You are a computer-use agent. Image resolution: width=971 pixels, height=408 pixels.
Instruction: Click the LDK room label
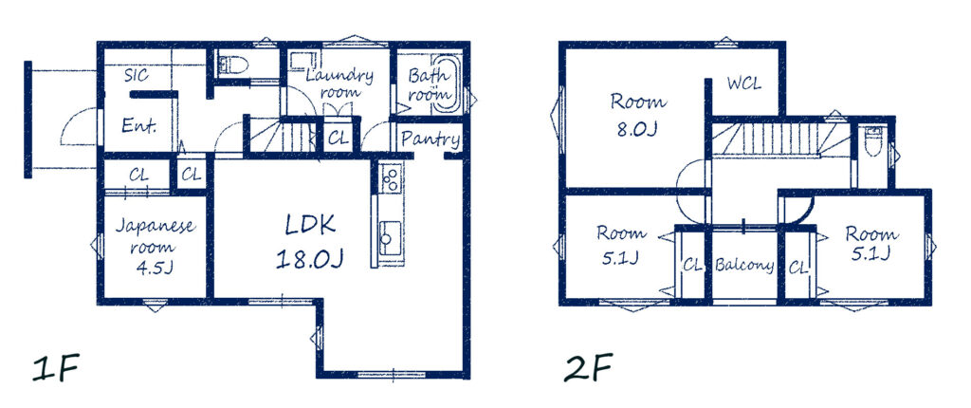310,226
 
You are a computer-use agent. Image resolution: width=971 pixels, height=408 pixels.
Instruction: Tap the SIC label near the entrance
137,76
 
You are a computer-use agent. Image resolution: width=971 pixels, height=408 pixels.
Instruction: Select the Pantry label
431,139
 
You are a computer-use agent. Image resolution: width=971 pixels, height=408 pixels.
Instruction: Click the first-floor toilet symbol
233,64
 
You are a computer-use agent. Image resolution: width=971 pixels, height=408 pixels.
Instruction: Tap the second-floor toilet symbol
872,141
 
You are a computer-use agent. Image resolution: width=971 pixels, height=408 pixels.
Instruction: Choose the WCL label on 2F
743,83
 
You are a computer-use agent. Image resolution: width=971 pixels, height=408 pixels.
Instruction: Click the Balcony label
743,266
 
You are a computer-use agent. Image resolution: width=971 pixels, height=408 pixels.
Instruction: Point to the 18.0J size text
310,259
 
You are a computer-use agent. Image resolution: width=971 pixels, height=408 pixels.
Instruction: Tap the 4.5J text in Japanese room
155,269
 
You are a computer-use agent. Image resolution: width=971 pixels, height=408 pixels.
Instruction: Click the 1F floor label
56,368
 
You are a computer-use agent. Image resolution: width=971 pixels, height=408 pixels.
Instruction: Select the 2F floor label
588,368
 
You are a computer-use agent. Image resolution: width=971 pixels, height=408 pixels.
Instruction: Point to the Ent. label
138,126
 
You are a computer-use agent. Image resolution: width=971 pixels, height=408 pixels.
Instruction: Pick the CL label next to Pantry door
338,139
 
